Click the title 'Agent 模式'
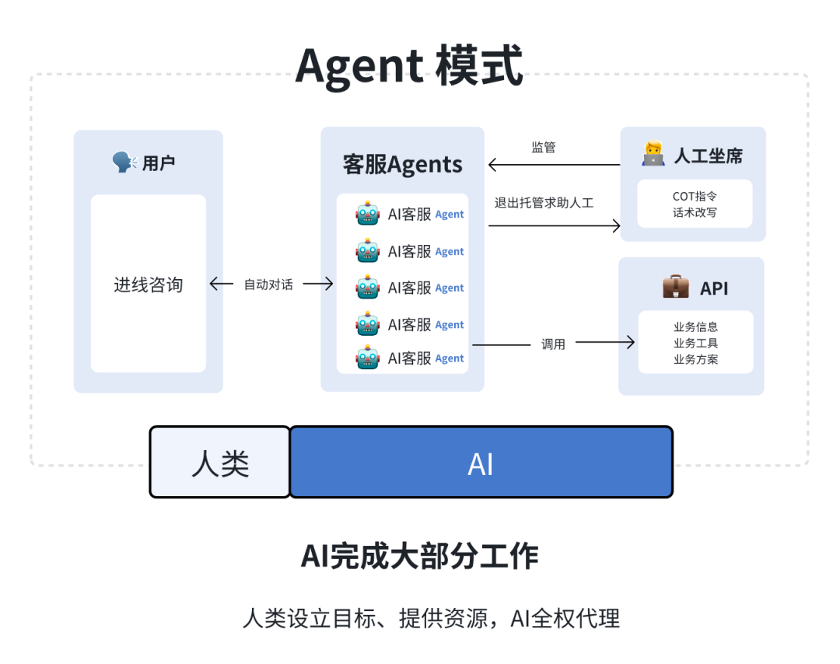click(409, 66)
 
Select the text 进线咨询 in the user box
click(149, 285)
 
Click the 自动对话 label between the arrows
click(268, 285)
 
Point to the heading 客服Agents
click(402, 164)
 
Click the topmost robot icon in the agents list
click(368, 213)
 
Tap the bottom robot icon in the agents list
click(368, 357)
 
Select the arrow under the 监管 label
click(555, 165)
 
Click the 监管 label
click(543, 147)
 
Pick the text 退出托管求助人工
click(544, 203)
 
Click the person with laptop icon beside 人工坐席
click(653, 154)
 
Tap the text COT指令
click(695, 197)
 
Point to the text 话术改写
click(695, 212)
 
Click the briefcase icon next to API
click(676, 286)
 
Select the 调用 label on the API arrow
click(553, 344)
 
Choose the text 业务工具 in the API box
click(695, 343)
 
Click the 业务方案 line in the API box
click(695, 359)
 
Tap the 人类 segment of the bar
click(220, 462)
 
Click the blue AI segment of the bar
click(481, 462)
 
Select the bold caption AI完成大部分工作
click(419, 556)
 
